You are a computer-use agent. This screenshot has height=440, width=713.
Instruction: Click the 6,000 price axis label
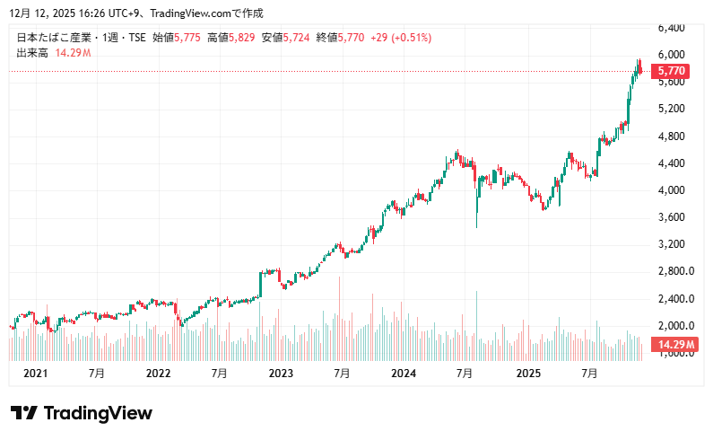click(x=672, y=55)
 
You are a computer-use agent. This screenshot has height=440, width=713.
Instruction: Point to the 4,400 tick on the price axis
click(x=672, y=163)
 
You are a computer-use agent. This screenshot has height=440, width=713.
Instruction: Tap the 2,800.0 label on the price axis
click(x=674, y=271)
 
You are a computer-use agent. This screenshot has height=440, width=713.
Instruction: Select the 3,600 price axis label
click(x=672, y=217)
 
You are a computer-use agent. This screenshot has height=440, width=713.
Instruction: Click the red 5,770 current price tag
click(x=672, y=70)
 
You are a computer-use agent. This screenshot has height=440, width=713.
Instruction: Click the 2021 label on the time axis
click(x=35, y=373)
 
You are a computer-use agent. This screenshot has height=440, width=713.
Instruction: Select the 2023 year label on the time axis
click(x=281, y=373)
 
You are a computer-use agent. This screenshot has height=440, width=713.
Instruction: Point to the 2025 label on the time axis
click(x=527, y=373)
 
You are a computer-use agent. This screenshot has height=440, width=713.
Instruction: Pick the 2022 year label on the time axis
click(x=158, y=373)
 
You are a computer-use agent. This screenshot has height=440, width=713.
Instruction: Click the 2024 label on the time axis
click(x=404, y=373)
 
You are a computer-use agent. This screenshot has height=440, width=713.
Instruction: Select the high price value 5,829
click(x=241, y=38)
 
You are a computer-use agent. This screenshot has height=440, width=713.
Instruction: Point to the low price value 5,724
click(x=296, y=38)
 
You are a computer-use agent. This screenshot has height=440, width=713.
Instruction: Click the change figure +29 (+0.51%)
click(x=401, y=38)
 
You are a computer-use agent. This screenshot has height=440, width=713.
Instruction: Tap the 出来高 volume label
click(x=32, y=53)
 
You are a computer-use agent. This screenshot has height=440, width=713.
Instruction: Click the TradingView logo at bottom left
click(x=81, y=413)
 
